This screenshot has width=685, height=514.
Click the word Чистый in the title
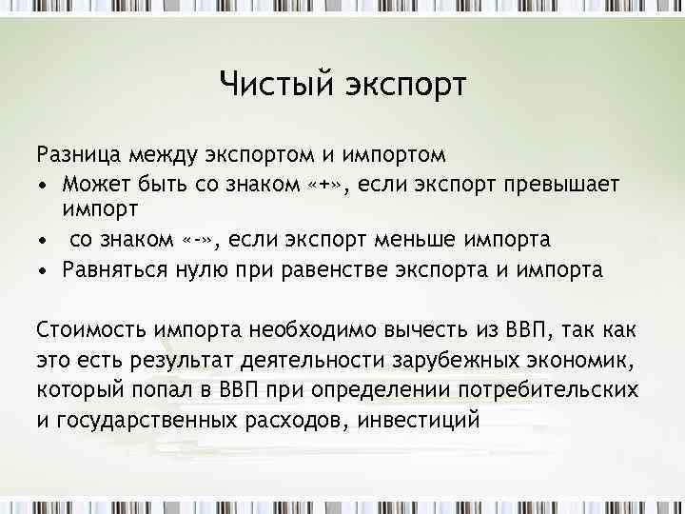268,85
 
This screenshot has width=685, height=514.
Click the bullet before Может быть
43,183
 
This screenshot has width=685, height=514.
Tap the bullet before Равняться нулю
43,269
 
